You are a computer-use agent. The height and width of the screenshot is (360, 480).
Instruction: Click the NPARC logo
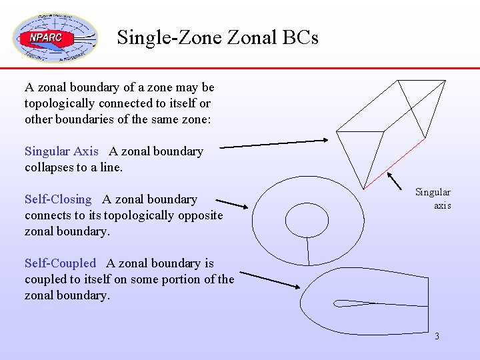pyautogui.click(x=55, y=38)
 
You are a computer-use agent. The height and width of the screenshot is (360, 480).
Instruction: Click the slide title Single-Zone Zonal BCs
pyautogui.click(x=217, y=37)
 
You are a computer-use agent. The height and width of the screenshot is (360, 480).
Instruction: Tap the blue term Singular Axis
pyautogui.click(x=61, y=151)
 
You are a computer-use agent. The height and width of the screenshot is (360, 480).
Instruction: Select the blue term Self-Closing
pyautogui.click(x=58, y=199)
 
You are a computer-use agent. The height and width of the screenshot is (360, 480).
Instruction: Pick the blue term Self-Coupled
pyautogui.click(x=60, y=263)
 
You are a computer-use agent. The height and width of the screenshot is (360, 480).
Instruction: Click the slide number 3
pyautogui.click(x=437, y=336)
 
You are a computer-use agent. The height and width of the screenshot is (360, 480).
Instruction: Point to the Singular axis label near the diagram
pyautogui.click(x=433, y=199)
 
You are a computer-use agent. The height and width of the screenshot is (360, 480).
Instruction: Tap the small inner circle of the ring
pyautogui.click(x=307, y=219)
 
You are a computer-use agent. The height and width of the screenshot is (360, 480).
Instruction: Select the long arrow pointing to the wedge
pyautogui.click(x=273, y=143)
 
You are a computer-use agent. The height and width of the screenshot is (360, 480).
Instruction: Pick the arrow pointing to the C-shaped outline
pyautogui.click(x=270, y=279)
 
